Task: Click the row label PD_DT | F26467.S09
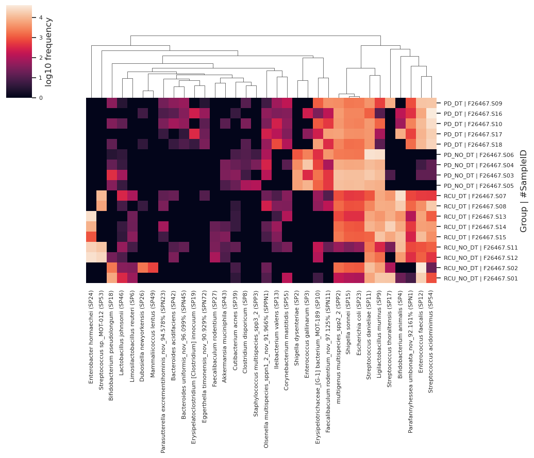coord(465,103)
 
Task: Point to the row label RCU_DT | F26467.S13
coord(467,217)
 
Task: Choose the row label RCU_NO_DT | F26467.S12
coord(473,258)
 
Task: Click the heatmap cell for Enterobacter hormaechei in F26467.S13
coord(91,217)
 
